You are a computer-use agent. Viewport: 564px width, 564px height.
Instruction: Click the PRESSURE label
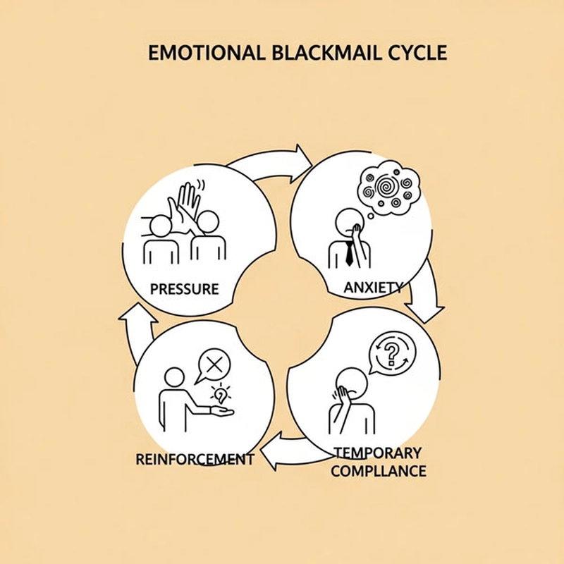click(x=185, y=289)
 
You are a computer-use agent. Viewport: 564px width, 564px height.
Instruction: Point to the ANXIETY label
click(x=373, y=287)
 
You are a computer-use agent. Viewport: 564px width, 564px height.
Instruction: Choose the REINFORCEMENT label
click(x=195, y=459)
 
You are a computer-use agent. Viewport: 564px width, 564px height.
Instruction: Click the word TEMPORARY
click(x=378, y=452)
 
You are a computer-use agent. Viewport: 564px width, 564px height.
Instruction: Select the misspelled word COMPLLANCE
click(x=379, y=470)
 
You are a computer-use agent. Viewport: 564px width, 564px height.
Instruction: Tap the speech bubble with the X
click(x=216, y=365)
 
